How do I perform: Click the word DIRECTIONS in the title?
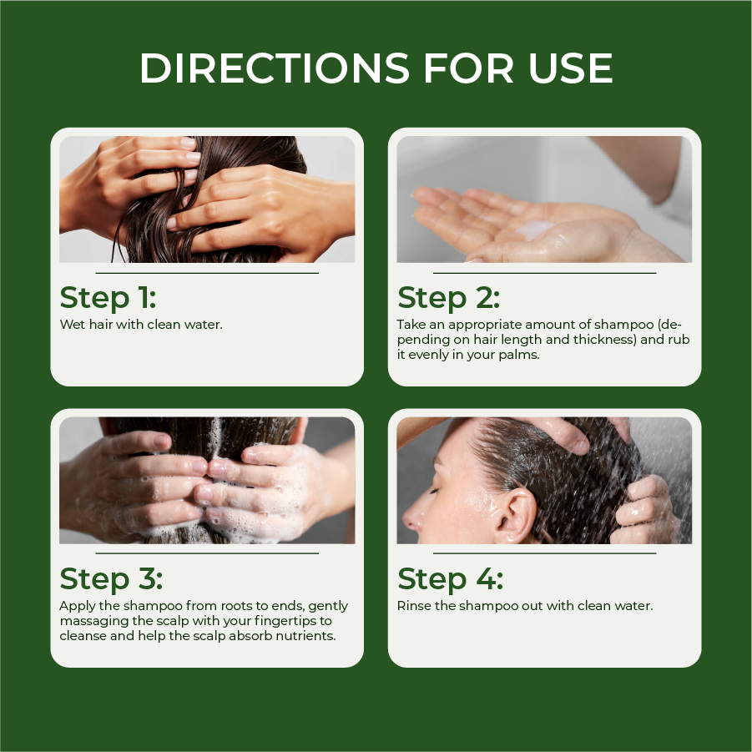pyautogui.click(x=275, y=68)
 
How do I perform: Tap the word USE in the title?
pyautogui.click(x=571, y=68)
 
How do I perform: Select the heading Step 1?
pyautogui.click(x=108, y=297)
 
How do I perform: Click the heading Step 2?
pyautogui.click(x=448, y=297)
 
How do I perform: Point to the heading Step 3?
pyautogui.click(x=111, y=578)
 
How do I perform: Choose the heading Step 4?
pyautogui.click(x=451, y=578)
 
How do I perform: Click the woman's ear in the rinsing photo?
pyautogui.click(x=515, y=515)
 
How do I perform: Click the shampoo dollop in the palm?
pyautogui.click(x=534, y=230)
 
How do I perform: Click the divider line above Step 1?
pyautogui.click(x=207, y=274)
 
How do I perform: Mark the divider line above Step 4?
pyautogui.click(x=545, y=553)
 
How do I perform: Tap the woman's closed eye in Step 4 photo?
pyautogui.click(x=434, y=489)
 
